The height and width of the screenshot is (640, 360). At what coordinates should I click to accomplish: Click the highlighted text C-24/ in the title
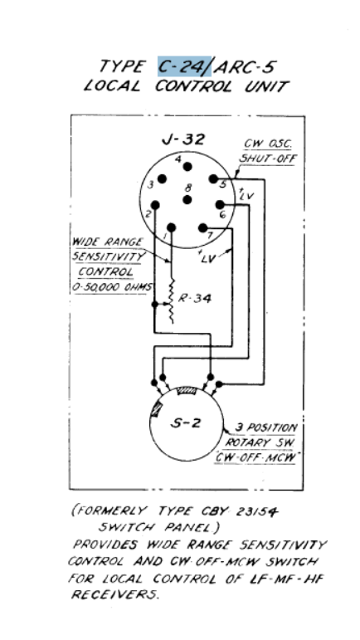click(184, 66)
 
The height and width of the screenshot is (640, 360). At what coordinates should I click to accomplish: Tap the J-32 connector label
click(183, 139)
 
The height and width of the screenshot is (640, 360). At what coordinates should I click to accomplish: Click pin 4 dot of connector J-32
click(187, 167)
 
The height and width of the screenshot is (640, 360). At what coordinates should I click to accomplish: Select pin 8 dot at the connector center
click(187, 199)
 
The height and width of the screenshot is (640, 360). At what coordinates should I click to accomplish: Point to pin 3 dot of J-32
click(163, 178)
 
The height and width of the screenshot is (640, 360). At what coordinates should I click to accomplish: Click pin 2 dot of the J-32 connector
click(155, 204)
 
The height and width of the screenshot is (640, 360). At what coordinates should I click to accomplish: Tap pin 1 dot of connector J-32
click(171, 227)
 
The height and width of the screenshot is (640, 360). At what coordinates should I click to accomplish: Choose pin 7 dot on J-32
click(202, 227)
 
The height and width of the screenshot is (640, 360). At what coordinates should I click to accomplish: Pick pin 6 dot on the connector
click(220, 204)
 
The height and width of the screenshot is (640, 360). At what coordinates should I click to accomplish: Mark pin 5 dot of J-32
click(213, 178)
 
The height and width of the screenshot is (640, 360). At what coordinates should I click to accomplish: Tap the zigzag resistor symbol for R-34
click(172, 301)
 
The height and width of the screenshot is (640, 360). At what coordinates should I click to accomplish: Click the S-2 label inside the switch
click(186, 423)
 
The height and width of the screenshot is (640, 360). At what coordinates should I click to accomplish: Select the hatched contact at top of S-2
click(187, 392)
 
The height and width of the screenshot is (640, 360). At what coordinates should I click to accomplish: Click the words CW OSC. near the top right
click(267, 144)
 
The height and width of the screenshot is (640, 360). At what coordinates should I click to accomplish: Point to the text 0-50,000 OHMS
click(112, 287)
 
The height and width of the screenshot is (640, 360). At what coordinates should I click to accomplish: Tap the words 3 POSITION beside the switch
click(266, 428)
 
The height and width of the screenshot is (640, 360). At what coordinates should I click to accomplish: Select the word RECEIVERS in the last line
click(114, 594)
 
